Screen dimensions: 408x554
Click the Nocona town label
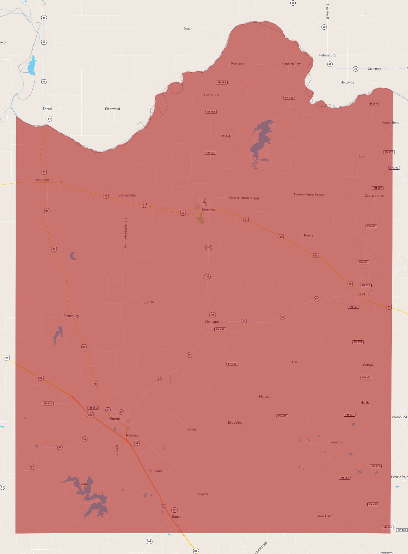coord(208,210)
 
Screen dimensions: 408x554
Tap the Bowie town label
coord(115,419)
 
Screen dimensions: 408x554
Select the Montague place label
coord(212,322)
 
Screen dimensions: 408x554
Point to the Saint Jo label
coord(363,294)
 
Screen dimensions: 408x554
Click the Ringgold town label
coord(42,180)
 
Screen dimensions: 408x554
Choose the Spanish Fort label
coord(291,64)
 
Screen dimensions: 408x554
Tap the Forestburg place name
coord(337,442)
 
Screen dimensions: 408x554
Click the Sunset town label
coord(177,517)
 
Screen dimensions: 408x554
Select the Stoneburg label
coord(71,316)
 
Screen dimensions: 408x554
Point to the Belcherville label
coord(127,195)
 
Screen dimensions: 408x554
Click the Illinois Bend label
coord(390,123)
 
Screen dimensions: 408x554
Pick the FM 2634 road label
coord(226,136)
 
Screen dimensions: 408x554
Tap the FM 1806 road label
coord(149,302)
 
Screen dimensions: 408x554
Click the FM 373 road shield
coord(394,168)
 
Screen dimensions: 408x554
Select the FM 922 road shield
coord(376,466)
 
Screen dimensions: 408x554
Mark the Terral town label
coord(47,109)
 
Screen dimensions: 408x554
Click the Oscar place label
coord(188,29)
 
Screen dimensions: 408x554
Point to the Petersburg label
coord(327,55)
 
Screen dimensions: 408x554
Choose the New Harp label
coord(325,516)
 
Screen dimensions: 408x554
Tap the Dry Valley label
coord(235,423)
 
